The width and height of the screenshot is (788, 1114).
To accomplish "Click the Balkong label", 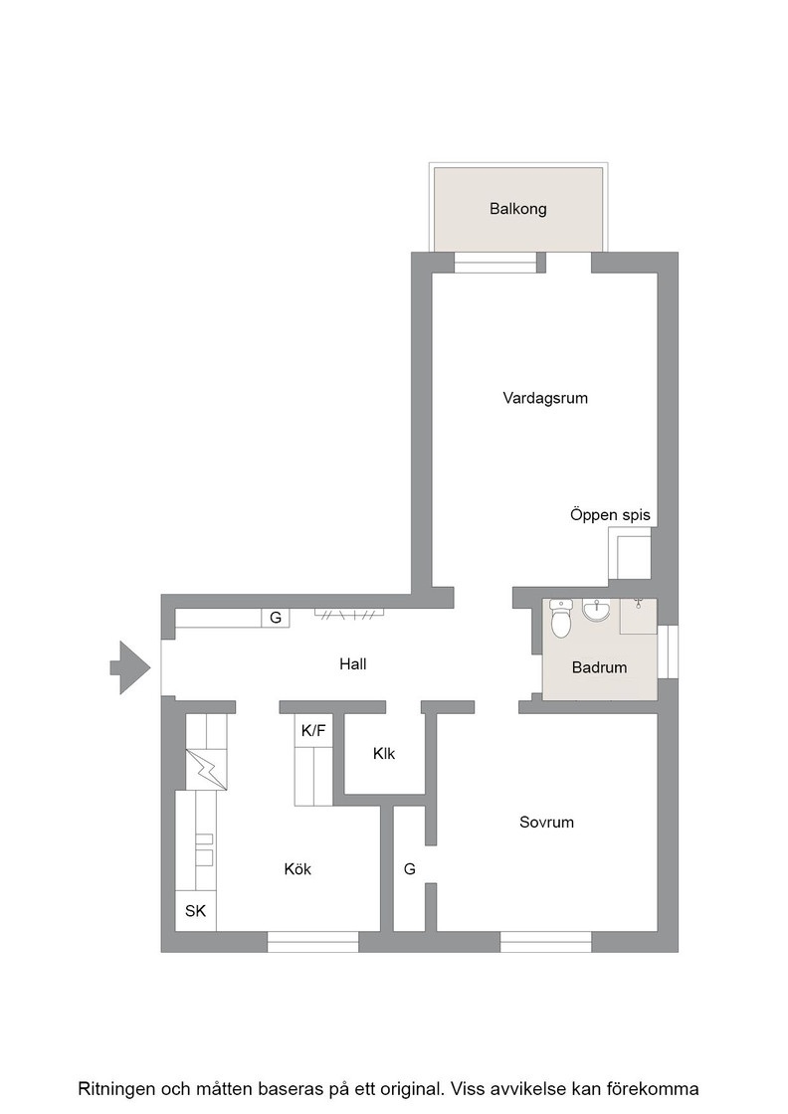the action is point(517,209).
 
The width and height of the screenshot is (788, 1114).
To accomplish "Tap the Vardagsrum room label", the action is point(545,398).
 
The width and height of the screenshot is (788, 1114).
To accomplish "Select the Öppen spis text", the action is point(610,515).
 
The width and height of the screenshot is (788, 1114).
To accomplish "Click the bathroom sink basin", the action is point(595,611).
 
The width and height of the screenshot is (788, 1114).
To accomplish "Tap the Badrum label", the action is point(599,667).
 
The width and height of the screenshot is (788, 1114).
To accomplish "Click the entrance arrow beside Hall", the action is point(130,667).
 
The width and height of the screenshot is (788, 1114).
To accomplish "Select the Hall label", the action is point(352,664).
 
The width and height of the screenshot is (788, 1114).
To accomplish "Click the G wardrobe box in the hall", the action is point(275,618).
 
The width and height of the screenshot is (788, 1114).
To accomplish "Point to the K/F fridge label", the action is point(313,730).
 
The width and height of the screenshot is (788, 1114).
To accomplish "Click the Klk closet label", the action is point(384,754).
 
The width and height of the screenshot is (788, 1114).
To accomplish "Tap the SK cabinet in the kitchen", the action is point(195,910).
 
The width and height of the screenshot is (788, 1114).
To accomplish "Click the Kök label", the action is point(297,869).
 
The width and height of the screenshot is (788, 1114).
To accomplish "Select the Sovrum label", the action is point(545,823).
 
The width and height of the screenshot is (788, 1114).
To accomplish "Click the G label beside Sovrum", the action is point(409,869).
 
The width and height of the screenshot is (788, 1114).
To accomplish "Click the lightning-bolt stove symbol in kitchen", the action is point(206,770).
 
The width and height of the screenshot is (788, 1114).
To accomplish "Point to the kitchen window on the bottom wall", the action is point(312,942).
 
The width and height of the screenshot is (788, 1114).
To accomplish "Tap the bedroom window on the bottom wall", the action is point(545,942).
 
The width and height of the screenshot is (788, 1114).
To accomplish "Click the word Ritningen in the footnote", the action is point(116,1089).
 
